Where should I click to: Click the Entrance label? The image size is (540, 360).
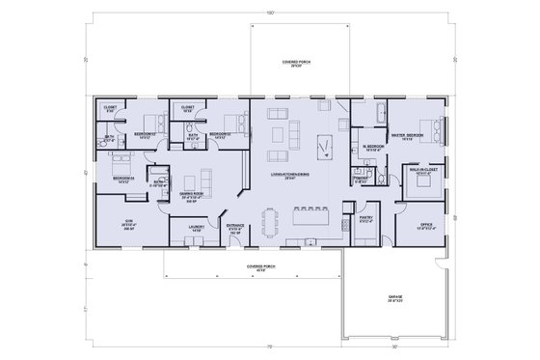(235, 229)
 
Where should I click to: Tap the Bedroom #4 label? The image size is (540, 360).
(122, 179)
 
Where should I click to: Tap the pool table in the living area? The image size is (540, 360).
(324, 148)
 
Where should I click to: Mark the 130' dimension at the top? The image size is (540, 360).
(271, 10)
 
